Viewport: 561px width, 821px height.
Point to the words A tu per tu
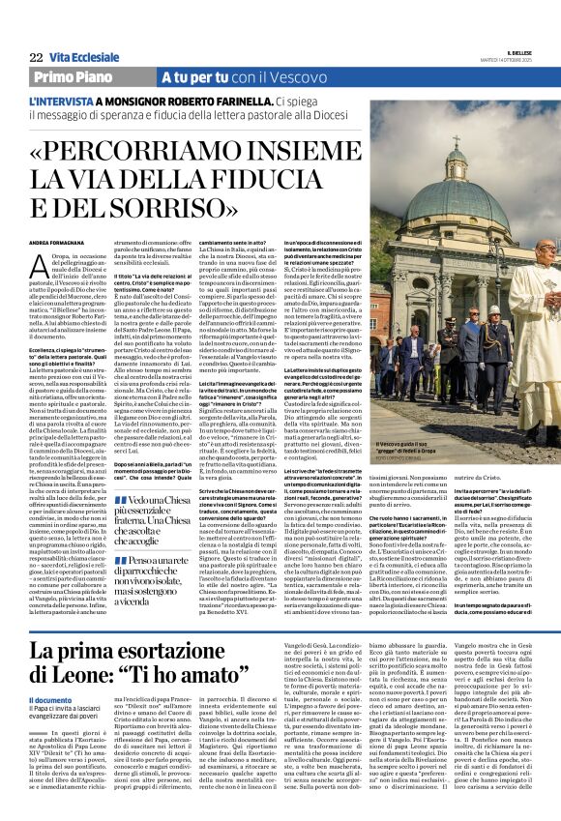[189, 75]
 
